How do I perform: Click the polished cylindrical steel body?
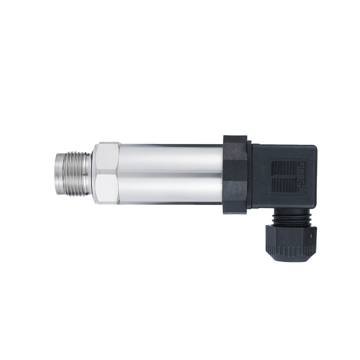pos(171,173)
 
